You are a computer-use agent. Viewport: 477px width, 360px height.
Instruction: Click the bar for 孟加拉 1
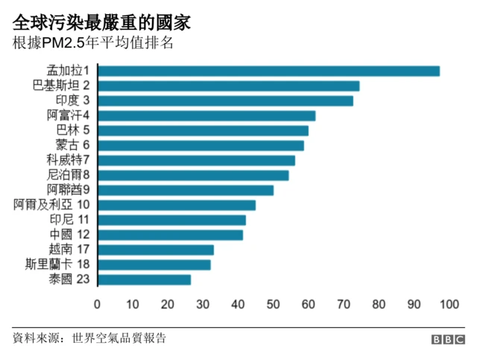click(268, 71)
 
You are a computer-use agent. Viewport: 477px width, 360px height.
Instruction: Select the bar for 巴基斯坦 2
click(228, 86)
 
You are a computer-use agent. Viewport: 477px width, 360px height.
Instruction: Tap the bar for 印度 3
click(225, 101)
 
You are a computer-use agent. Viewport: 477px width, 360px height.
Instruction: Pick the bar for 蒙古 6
click(200, 145)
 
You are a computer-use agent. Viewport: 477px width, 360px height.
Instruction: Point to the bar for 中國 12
click(170, 235)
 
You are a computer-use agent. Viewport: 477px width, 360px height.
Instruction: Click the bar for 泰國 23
click(144, 280)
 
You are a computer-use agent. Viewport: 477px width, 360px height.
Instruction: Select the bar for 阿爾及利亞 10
click(177, 205)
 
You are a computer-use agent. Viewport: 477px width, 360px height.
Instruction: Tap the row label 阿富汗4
click(68, 116)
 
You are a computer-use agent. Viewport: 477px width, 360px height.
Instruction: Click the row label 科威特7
click(68, 160)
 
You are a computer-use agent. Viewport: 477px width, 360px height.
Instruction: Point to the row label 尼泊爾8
click(68, 175)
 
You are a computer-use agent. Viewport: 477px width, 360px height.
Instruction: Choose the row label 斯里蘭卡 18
click(58, 265)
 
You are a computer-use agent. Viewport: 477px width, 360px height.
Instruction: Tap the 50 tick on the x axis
click(274, 304)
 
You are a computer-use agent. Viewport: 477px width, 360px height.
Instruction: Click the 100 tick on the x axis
click(449, 304)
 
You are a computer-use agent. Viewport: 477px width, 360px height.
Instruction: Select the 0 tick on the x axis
click(98, 304)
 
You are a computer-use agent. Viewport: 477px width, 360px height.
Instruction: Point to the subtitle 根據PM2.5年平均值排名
click(93, 42)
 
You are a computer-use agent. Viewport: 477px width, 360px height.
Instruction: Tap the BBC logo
click(448, 340)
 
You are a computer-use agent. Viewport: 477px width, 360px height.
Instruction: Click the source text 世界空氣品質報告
click(119, 338)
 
